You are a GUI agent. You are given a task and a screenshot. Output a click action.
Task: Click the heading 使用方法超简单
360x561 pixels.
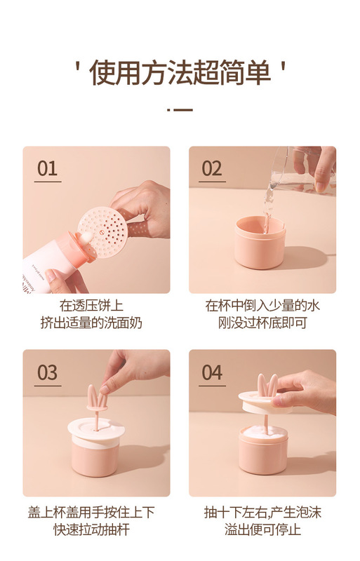(180, 73)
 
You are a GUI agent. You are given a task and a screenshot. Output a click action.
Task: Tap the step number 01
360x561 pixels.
(47, 168)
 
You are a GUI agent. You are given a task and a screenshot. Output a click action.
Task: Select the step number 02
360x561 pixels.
(212, 168)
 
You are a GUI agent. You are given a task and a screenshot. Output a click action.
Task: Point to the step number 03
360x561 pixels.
(47, 372)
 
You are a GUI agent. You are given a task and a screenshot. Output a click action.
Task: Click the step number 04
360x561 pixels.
(212, 372)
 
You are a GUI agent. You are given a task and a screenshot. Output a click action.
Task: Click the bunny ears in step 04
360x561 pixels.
(267, 385)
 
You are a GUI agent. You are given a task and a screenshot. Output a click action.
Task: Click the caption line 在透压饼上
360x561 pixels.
(91, 306)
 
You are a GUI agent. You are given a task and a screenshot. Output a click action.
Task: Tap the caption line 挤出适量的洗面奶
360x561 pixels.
(91, 323)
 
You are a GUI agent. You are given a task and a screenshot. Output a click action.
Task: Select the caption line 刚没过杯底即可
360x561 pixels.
(262, 323)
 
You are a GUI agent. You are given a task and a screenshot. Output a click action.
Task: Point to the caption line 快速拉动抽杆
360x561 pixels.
(91, 529)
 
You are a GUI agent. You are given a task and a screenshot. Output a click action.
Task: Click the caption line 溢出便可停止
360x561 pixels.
(262, 529)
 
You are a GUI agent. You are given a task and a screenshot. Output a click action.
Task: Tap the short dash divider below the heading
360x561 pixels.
(180, 109)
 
